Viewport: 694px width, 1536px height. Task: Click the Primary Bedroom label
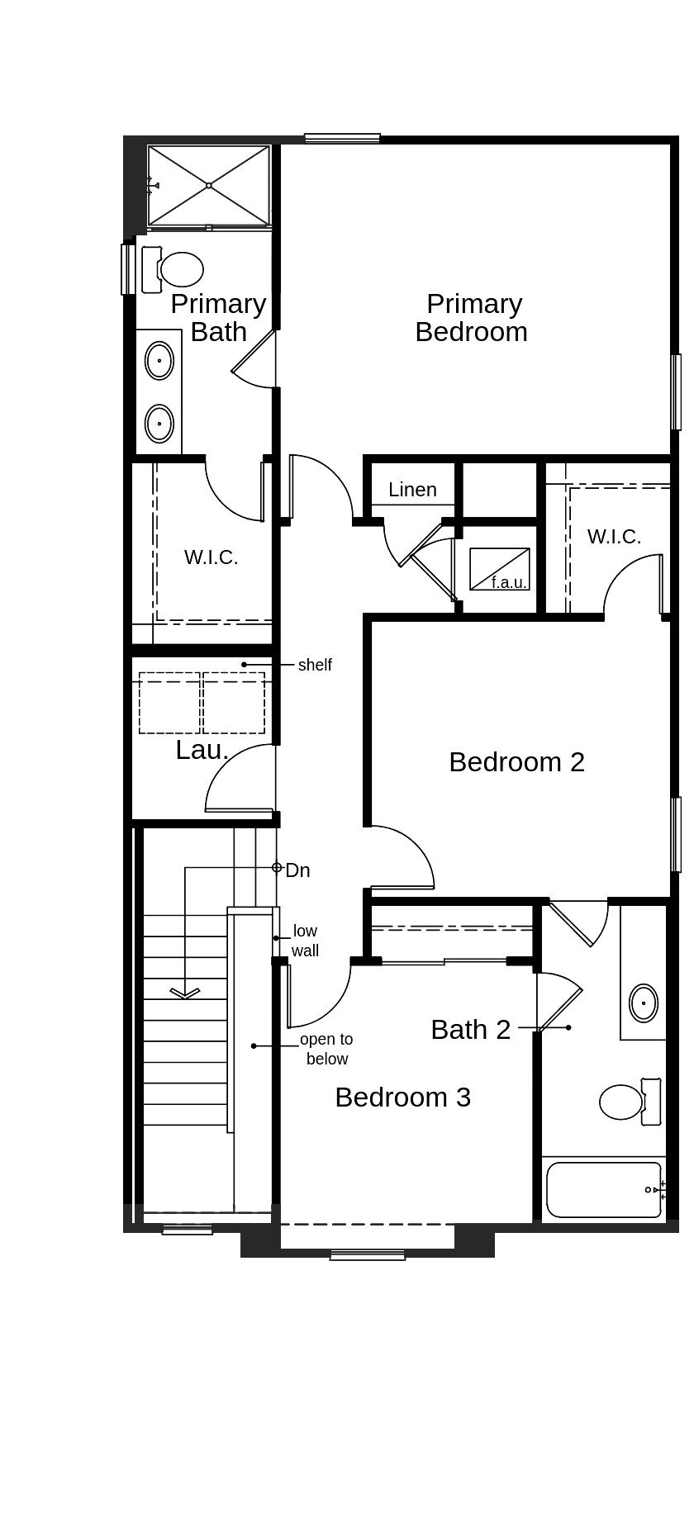(472, 317)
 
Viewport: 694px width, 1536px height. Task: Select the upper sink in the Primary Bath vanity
(159, 361)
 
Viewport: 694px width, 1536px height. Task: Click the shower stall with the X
(209, 186)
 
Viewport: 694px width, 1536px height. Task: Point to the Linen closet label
(412, 490)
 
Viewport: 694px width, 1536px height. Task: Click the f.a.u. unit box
(499, 569)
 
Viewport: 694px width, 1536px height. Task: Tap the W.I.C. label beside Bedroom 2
(614, 537)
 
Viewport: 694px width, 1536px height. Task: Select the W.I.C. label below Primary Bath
(211, 557)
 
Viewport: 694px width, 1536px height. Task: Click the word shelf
(315, 665)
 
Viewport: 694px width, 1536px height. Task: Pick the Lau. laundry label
(202, 750)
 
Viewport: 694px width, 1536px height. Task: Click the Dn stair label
(297, 870)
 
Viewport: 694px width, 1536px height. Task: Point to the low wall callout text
(305, 941)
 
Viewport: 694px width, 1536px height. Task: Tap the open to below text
(326, 1049)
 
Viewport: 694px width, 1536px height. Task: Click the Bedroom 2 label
(516, 761)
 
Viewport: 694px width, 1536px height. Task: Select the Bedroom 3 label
(402, 1097)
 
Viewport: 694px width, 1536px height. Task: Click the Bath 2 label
(470, 1029)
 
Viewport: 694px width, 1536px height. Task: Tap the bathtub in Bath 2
(603, 1190)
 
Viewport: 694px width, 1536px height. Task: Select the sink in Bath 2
(644, 1003)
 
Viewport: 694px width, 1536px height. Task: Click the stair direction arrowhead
(184, 993)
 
